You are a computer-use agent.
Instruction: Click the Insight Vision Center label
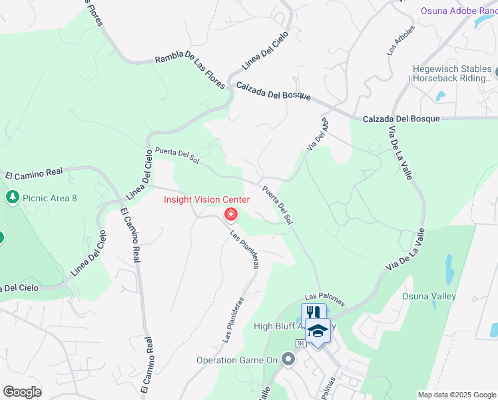click(x=207, y=200)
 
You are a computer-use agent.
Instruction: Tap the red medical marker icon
click(x=231, y=214)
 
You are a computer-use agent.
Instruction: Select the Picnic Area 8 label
click(x=49, y=197)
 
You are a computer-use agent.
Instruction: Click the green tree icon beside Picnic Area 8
click(x=12, y=197)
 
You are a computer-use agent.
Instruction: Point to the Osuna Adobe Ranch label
click(x=459, y=11)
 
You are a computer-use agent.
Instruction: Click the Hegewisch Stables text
click(x=452, y=69)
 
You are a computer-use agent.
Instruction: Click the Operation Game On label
click(x=236, y=360)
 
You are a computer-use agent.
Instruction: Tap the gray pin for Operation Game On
click(x=288, y=360)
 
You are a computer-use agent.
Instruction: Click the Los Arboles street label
click(x=401, y=40)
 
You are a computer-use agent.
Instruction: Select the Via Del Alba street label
click(x=318, y=135)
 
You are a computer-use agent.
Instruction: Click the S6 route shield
click(x=301, y=343)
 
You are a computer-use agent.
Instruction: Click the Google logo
click(x=22, y=392)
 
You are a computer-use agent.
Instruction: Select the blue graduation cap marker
click(x=318, y=331)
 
